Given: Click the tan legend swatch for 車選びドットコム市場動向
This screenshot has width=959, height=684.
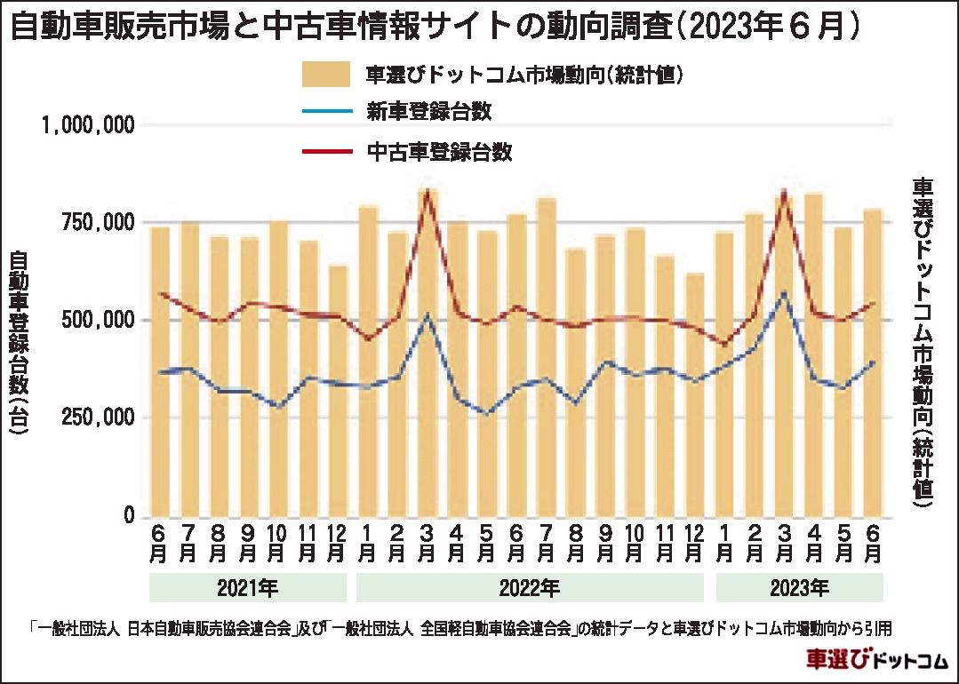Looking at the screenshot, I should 328,74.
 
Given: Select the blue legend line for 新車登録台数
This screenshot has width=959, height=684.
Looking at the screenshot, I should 328,112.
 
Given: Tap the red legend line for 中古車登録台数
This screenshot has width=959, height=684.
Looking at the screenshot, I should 328,152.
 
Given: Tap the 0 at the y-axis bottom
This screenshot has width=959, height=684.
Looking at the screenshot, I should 128,516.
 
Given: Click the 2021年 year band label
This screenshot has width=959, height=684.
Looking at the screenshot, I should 248,588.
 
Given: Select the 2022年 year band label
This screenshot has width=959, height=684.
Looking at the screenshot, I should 531,588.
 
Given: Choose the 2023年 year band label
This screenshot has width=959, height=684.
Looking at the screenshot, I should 799,588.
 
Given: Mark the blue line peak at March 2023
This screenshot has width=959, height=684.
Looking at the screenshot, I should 784,292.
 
